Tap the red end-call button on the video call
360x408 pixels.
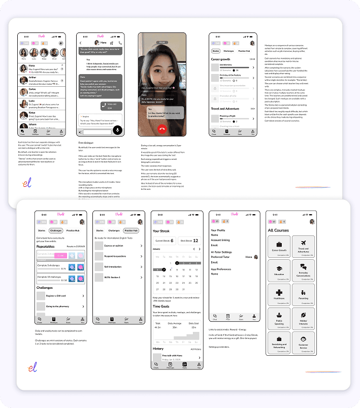[x=162, y=129]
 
